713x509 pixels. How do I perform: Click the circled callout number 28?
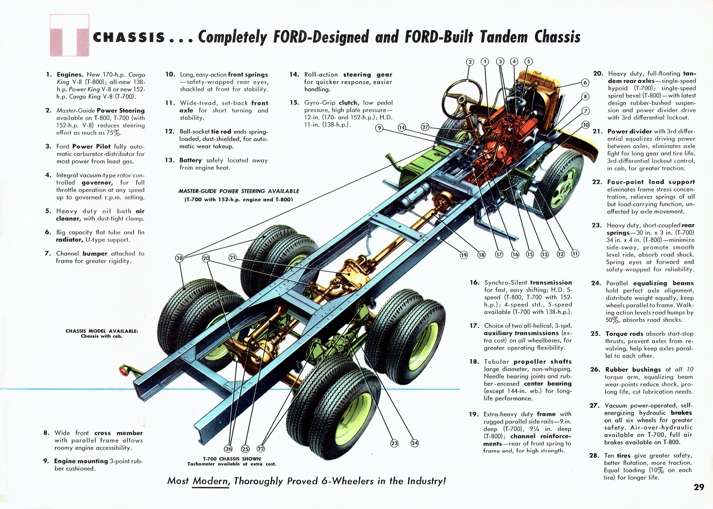pyautogui.click(x=179, y=258)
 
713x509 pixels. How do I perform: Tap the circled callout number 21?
pyautogui.click(x=232, y=257)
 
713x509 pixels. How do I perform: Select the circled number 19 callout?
pyautogui.click(x=464, y=255)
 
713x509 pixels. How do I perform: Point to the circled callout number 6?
pyautogui.click(x=585, y=82)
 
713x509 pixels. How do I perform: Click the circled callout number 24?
pyautogui.click(x=414, y=443)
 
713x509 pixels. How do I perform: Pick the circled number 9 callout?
pyautogui.click(x=379, y=128)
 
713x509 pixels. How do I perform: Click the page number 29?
pyautogui.click(x=699, y=487)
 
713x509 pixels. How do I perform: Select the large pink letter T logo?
pyautogui.click(x=69, y=36)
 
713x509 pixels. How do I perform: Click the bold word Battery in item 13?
pyautogui.click(x=191, y=160)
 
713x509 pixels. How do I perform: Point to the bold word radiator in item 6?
pyautogui.click(x=69, y=240)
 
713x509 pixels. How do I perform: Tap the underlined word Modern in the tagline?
pyautogui.click(x=211, y=481)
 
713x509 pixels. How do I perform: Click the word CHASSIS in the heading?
pyautogui.click(x=129, y=37)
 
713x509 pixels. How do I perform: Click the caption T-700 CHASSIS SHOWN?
pyautogui.click(x=232, y=459)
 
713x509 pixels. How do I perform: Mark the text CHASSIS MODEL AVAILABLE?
pyautogui.click(x=102, y=331)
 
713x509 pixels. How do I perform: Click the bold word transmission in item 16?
pyautogui.click(x=551, y=282)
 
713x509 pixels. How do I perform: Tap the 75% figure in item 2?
pyautogui.click(x=114, y=133)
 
